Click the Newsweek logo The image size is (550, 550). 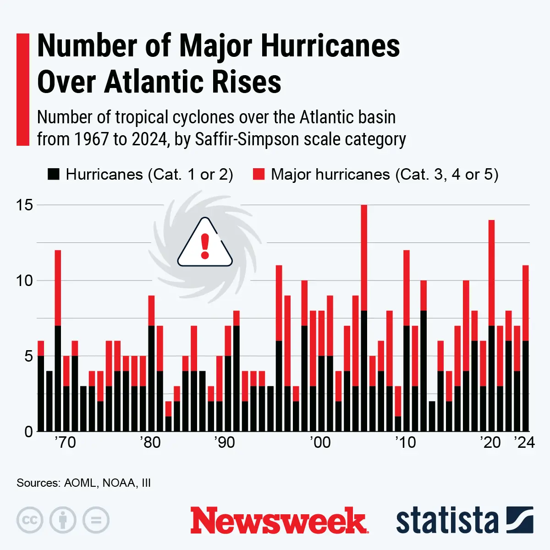[x=279, y=521]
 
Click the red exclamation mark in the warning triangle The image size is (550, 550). [x=205, y=246]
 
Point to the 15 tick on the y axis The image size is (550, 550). [x=25, y=205]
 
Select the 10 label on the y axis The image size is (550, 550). [x=25, y=280]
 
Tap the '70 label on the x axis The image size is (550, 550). [x=65, y=443]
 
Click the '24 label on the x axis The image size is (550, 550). [x=524, y=443]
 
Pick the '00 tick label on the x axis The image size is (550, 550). [x=319, y=443]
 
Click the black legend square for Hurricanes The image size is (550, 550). [x=54, y=174]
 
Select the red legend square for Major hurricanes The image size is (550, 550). [x=259, y=174]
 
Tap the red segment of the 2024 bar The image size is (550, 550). [x=526, y=303]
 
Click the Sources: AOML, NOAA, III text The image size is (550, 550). [x=83, y=483]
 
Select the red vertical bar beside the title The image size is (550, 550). [x=23, y=89]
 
